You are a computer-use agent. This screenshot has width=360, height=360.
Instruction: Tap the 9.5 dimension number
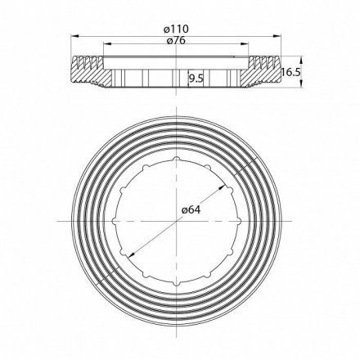click(x=196, y=79)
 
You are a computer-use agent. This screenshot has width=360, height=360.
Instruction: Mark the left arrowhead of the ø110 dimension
click(x=68, y=37)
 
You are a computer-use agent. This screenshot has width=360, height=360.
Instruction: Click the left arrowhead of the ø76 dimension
click(x=103, y=48)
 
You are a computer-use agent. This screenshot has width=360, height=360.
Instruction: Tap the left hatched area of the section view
click(x=86, y=71)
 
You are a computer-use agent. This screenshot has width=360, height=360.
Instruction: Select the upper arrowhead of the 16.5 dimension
click(x=299, y=57)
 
